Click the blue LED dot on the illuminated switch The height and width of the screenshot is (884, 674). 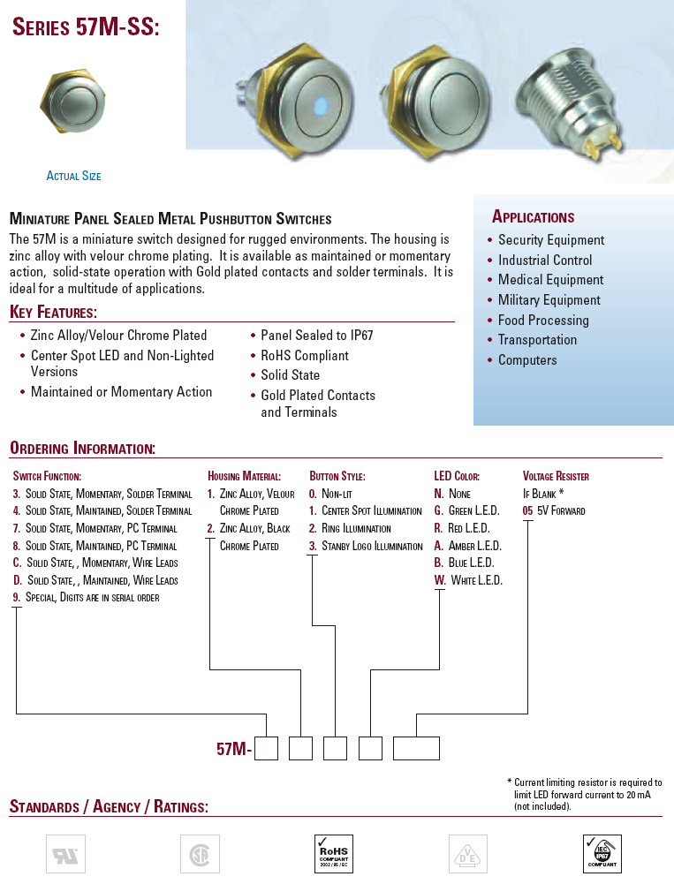(x=316, y=108)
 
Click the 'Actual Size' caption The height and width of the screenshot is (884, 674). (x=73, y=176)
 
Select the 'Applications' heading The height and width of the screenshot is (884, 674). (x=533, y=217)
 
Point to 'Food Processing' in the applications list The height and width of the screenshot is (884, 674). (x=542, y=321)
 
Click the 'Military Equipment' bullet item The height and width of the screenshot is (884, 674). (x=549, y=300)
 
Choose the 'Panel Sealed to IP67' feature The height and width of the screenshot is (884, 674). (x=316, y=336)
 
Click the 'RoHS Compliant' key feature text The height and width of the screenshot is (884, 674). (x=304, y=356)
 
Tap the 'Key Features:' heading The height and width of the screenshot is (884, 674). (x=53, y=313)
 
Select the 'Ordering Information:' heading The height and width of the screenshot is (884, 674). (x=82, y=449)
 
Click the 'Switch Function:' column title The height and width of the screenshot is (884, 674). (x=47, y=476)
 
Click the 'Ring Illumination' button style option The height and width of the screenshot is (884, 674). (x=355, y=528)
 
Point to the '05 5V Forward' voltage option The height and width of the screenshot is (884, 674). (x=554, y=510)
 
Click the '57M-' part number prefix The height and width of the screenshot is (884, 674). (x=234, y=749)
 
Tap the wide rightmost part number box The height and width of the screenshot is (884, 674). (x=416, y=748)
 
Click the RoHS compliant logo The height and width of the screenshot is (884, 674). (x=333, y=854)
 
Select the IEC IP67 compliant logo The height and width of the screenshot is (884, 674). (x=602, y=854)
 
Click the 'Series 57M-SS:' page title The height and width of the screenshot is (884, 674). (x=86, y=28)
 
